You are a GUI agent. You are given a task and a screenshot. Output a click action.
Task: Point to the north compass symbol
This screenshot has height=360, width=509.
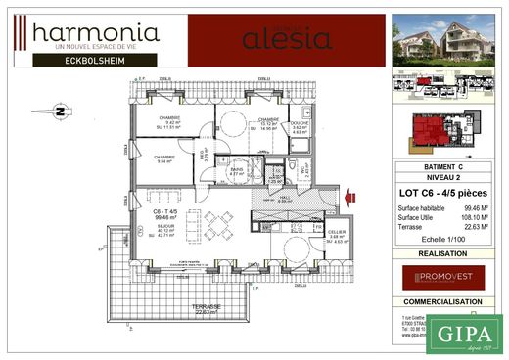click(x=60, y=112)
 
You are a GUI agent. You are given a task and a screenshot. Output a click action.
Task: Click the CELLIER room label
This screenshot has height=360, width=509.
click(x=336, y=232)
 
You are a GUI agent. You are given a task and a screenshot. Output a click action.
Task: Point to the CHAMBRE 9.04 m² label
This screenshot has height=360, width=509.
click(x=163, y=158)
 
